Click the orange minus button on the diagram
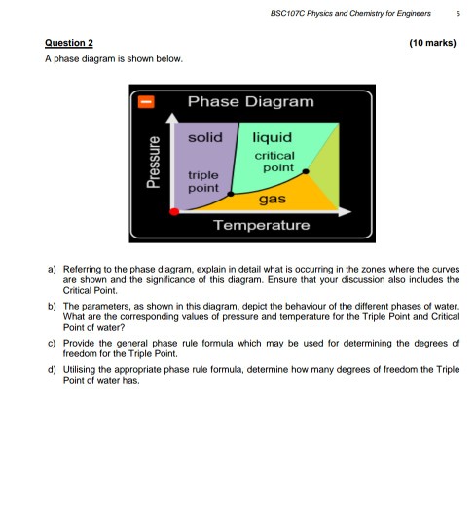coord(144,100)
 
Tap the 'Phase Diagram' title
coord(250,102)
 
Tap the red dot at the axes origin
coord(174,210)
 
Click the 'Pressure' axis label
coord(154,162)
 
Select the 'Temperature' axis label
coord(261,225)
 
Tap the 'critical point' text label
coord(275,162)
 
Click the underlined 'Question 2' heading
coord(69,43)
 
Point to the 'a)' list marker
coord(51,265)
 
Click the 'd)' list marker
coord(51,370)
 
